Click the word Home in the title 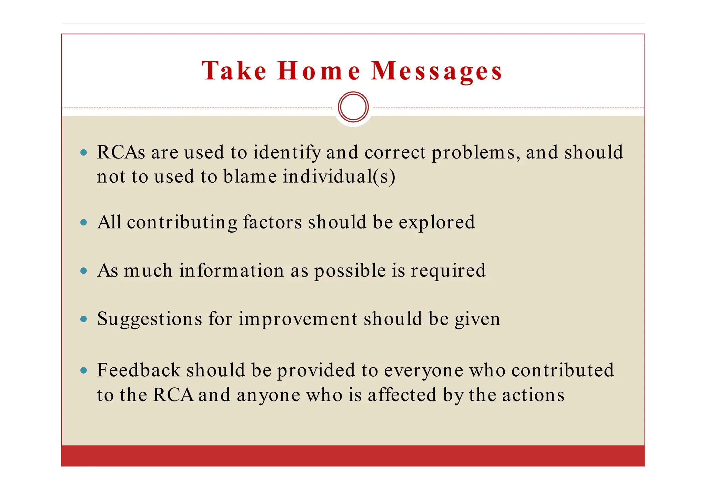click(319, 71)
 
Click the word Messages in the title click(436, 71)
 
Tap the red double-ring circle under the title click(353, 107)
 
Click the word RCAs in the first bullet click(121, 152)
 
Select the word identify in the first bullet click(286, 153)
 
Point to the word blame click(250, 176)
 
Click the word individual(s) click(339, 176)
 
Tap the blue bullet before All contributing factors click(83, 222)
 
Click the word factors click(272, 222)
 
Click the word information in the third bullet click(231, 271)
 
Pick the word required click(448, 271)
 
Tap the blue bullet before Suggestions click(83, 319)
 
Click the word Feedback click(139, 370)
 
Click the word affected click(402, 395)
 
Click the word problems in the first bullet click(476, 153)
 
